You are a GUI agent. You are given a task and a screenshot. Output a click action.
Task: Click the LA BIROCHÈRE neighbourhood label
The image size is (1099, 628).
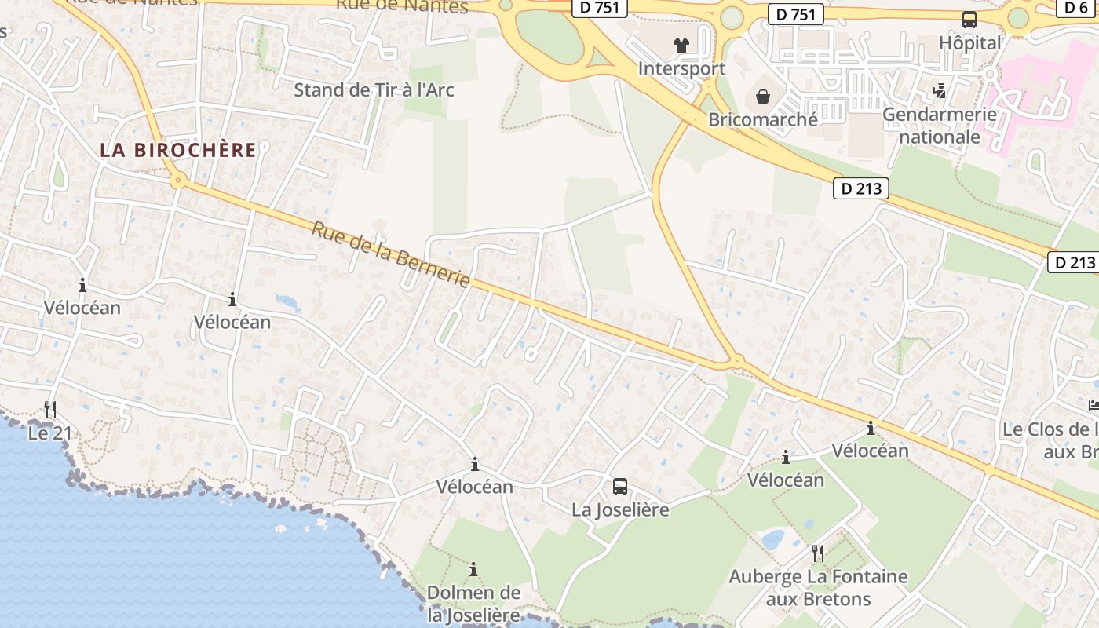click(178, 150)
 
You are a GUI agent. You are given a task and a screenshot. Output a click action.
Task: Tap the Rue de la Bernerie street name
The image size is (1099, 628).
click(391, 254)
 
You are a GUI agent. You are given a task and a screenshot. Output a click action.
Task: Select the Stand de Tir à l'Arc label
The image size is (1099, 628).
click(374, 89)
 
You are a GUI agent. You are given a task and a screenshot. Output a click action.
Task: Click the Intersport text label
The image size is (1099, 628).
click(681, 68)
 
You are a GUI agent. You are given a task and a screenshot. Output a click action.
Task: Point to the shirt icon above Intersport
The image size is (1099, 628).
click(681, 46)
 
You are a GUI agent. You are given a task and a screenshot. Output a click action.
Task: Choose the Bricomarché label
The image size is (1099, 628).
click(763, 119)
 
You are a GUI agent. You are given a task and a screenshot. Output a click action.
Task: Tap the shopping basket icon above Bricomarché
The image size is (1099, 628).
click(762, 97)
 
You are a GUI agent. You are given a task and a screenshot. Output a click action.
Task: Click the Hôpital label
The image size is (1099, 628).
click(970, 42)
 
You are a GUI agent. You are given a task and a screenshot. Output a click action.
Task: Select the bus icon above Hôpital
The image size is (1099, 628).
click(969, 20)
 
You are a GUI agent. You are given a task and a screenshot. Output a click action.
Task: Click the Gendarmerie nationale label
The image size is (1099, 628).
click(940, 126)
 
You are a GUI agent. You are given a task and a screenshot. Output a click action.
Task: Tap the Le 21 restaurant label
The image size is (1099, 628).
click(49, 433)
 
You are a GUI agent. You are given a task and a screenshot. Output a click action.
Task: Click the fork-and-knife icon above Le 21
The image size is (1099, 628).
click(50, 409)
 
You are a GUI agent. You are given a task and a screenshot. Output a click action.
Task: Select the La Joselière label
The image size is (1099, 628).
click(620, 509)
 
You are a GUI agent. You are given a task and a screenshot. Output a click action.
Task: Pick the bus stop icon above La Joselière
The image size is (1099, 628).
click(620, 487)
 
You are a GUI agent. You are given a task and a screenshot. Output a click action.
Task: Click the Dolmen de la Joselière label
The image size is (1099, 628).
click(473, 603)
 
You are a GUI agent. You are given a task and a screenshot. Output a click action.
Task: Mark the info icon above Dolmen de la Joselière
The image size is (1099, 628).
click(473, 569)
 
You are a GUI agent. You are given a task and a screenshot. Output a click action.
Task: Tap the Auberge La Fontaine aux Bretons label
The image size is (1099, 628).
click(818, 588)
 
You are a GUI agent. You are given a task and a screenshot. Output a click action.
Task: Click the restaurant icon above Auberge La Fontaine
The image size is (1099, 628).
click(818, 553)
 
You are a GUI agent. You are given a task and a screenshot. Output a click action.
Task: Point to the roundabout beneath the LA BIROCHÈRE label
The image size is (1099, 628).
click(179, 181)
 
